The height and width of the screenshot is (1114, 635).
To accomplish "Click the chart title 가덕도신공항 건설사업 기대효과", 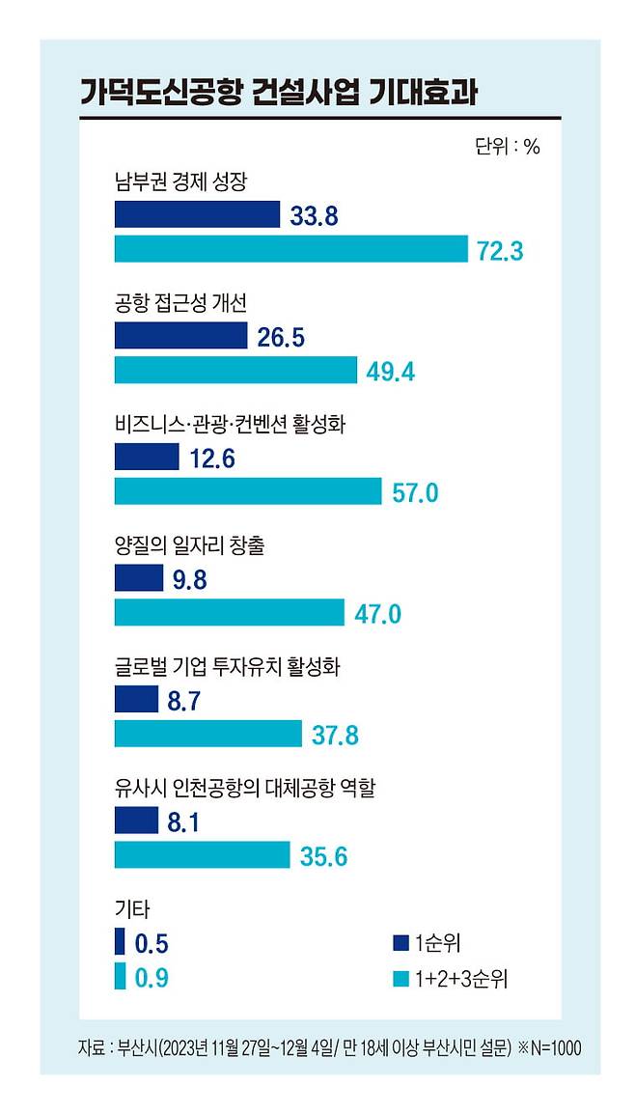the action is [279, 94].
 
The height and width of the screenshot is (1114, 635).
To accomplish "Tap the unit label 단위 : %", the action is [508, 147].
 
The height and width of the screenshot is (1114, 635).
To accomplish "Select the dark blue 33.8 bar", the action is [198, 214].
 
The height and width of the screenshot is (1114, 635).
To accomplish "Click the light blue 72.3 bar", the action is [291, 249].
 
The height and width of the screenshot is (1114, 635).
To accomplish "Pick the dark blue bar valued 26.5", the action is [181, 335].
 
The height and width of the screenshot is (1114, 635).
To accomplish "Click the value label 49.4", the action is [391, 372].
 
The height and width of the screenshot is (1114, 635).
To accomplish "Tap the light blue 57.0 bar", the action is [249, 491].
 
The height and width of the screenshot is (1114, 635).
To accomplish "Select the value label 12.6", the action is [212, 459].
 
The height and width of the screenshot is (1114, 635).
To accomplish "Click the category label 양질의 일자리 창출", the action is [190, 546].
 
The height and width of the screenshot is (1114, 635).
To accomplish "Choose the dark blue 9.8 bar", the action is [139, 577].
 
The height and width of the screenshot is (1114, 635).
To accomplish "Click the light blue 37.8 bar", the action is [208, 734].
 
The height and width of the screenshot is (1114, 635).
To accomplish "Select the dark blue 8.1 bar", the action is [136, 820].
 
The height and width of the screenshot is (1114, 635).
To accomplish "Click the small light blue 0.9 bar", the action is [120, 975].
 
